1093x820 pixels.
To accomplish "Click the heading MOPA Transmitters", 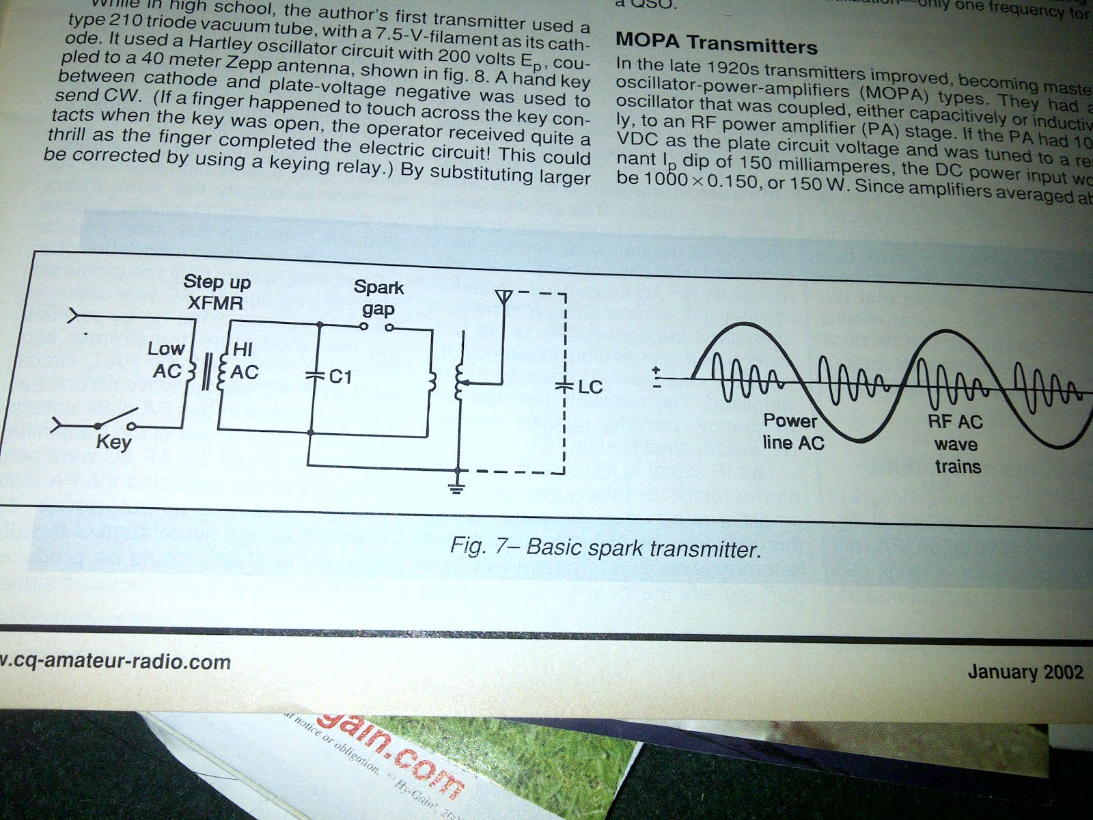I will click(716, 43).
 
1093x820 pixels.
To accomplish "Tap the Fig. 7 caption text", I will click(605, 548).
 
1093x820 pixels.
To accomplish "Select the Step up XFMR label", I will click(217, 292).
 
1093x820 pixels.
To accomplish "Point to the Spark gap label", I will click(378, 298).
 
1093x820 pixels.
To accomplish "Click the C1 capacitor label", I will click(339, 376).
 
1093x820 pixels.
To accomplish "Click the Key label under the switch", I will click(113, 442).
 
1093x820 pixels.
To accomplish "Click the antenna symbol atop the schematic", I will click(503, 297).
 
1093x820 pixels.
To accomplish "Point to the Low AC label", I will click(166, 359).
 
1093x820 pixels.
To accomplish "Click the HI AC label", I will click(244, 361).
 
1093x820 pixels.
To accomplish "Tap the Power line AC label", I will click(792, 431).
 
